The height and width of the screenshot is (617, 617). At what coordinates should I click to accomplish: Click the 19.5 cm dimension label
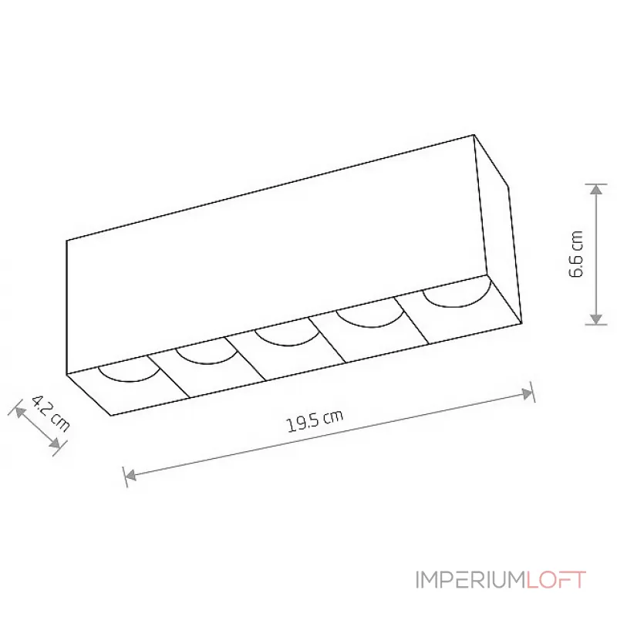315,420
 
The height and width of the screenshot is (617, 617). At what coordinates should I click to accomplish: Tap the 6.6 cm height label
576,254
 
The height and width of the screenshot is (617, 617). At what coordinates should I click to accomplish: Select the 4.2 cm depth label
50,413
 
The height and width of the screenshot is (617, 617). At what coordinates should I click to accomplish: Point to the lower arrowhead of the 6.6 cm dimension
596,319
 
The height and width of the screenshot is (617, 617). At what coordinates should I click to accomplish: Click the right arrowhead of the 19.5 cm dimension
526,393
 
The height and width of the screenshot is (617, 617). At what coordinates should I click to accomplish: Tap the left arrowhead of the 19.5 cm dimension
130,475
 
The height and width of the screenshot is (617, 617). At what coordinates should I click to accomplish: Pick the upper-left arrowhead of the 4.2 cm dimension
20,412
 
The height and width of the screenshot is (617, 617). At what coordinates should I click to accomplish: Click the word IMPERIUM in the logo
470,580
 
